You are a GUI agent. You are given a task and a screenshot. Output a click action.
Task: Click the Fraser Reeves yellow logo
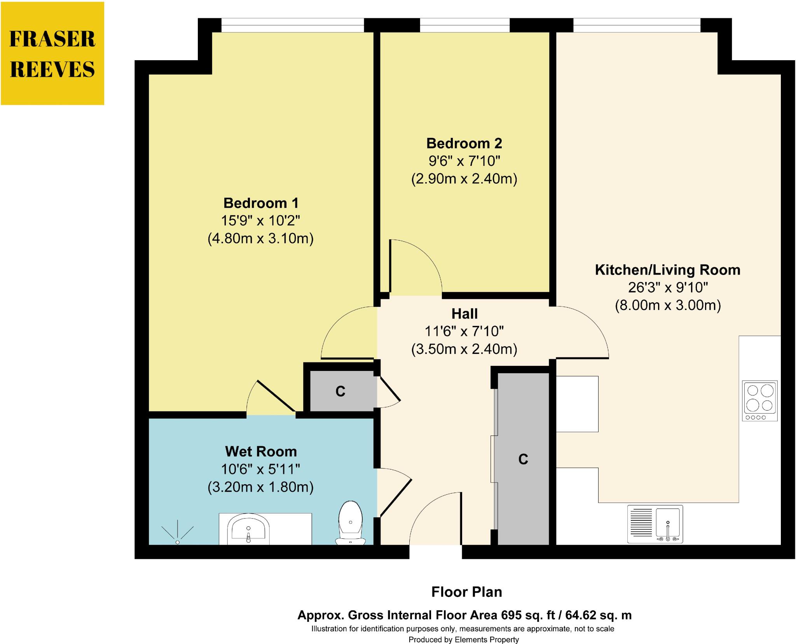pos(52,54)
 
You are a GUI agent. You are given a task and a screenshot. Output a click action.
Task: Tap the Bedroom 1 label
pos(261,203)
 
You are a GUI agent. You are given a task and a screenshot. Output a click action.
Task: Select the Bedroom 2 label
pos(464,144)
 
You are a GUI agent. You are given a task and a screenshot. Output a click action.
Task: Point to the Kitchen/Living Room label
pos(667,270)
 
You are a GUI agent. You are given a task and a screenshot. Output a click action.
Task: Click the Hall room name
pos(464,314)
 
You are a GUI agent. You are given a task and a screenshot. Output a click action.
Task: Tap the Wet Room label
pos(261,452)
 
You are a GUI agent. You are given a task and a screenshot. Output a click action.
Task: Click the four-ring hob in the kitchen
pos(759,400)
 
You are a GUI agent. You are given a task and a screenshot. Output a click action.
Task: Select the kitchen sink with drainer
pos(655,524)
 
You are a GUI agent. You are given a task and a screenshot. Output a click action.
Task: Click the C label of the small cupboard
pos(340,392)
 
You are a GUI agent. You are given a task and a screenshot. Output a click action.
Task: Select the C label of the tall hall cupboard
pos(523,460)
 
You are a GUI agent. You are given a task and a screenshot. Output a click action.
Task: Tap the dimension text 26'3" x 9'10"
pos(667,288)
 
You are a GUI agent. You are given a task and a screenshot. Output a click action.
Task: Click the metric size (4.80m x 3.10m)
pos(260,238)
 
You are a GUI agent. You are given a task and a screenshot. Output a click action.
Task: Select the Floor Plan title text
pos(466,592)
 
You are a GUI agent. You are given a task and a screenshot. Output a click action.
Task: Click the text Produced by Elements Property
pos(463,640)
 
